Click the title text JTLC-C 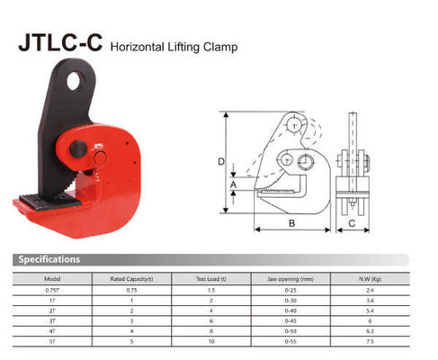coord(59,41)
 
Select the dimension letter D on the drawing coord(221,162)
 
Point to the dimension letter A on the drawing coord(234,185)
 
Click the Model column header coord(52,278)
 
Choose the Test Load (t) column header coord(211,278)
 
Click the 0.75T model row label coord(52,291)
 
